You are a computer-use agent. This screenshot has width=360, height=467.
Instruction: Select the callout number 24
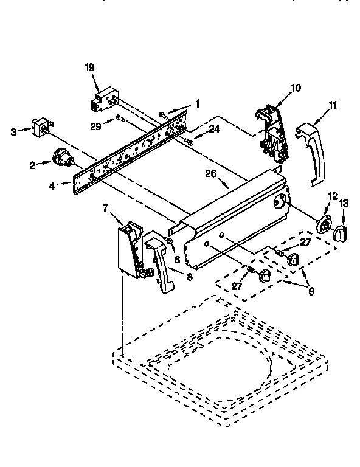214,129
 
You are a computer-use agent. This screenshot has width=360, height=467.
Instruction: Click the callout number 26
210,173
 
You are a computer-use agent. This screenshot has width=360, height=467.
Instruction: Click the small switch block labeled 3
40,129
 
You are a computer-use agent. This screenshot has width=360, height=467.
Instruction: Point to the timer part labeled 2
61,160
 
